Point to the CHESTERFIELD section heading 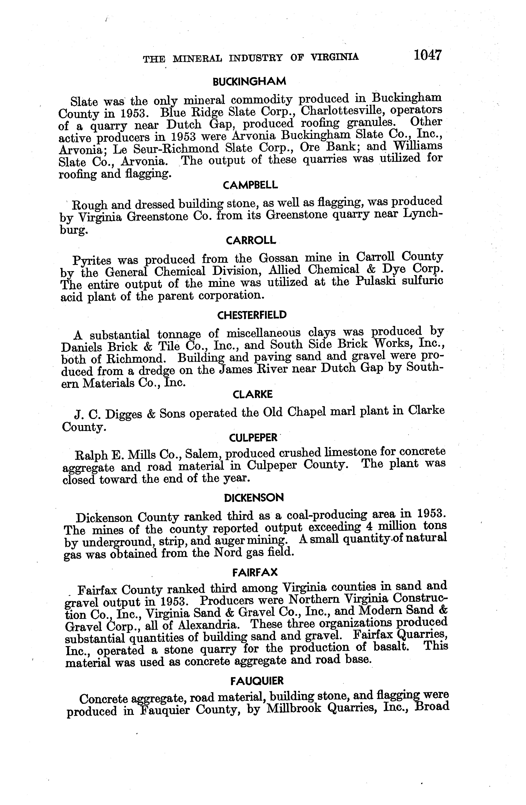(252, 315)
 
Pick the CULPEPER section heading (253, 438)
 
